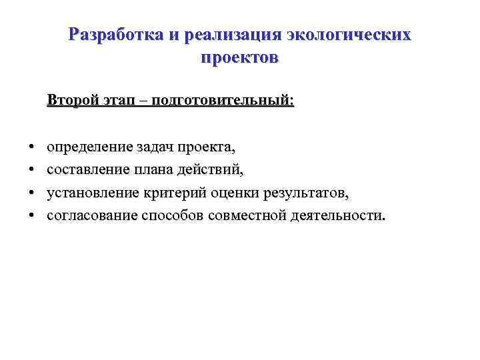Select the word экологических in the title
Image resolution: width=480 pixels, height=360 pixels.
pos(349,35)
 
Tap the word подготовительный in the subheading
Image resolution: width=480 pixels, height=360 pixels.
pos(221,101)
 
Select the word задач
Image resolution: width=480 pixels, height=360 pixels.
pos(157,147)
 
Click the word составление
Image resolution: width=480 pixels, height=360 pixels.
pos(90,170)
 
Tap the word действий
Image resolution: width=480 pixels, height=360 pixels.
pos(213,170)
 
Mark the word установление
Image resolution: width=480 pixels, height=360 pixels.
pos(93,193)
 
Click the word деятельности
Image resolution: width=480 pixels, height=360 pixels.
pos(337,216)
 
